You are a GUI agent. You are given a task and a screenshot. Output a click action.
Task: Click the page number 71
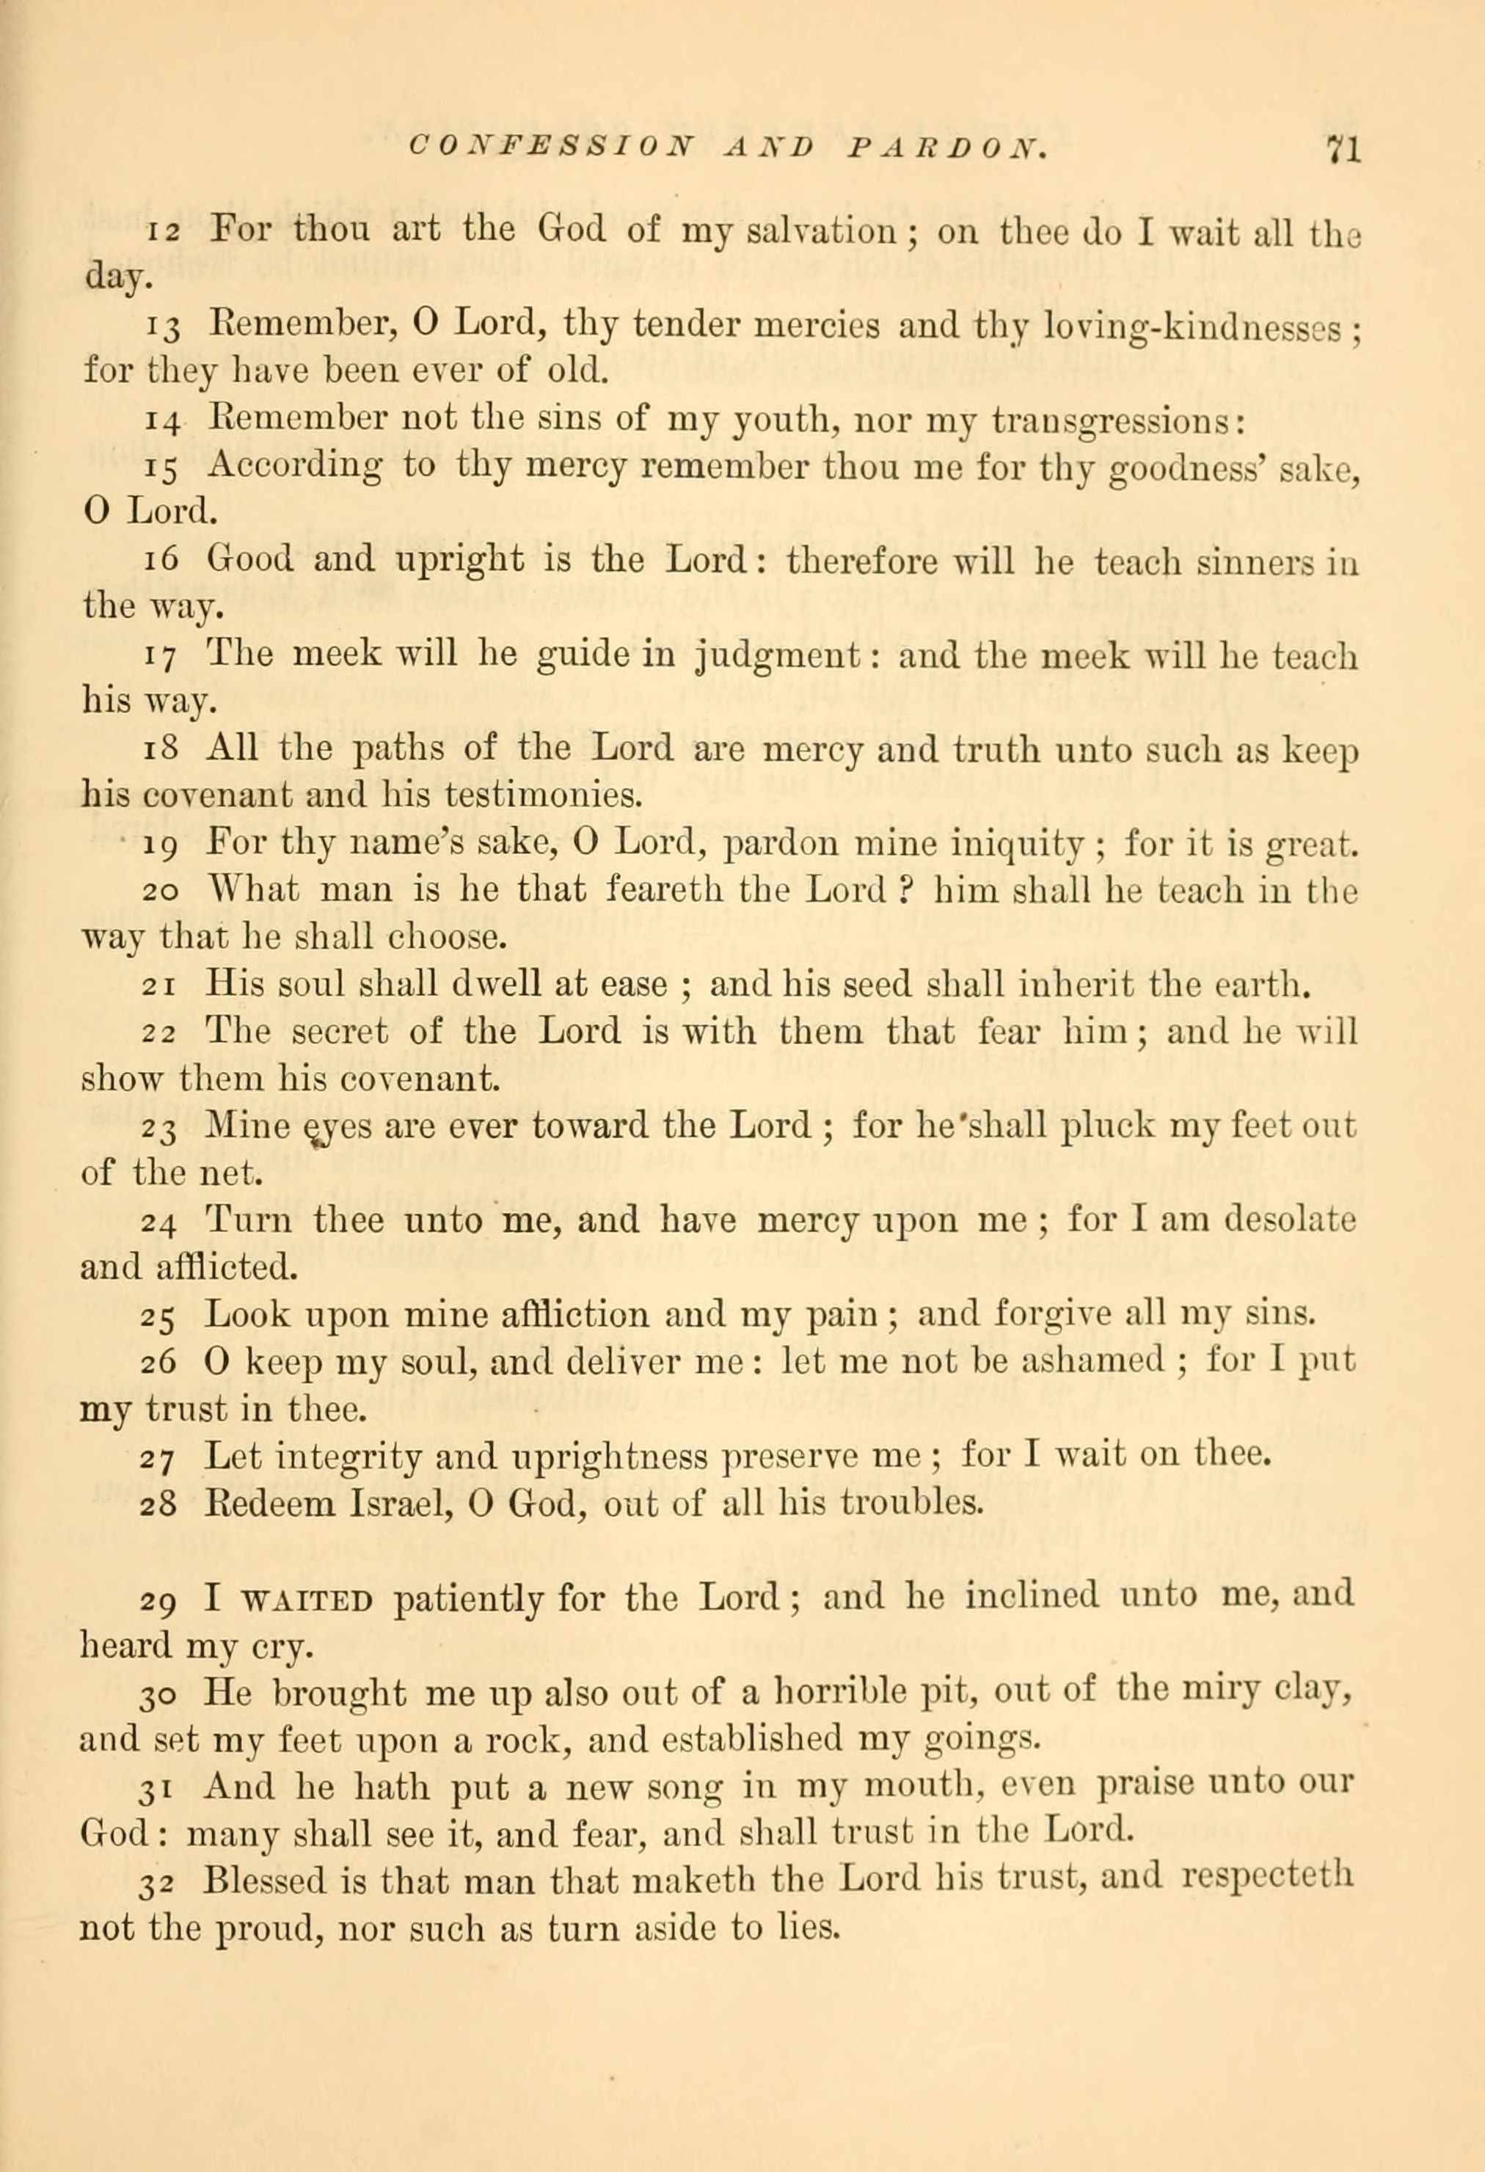coord(1341,150)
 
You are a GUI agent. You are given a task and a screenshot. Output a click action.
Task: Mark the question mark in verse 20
coord(905,892)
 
